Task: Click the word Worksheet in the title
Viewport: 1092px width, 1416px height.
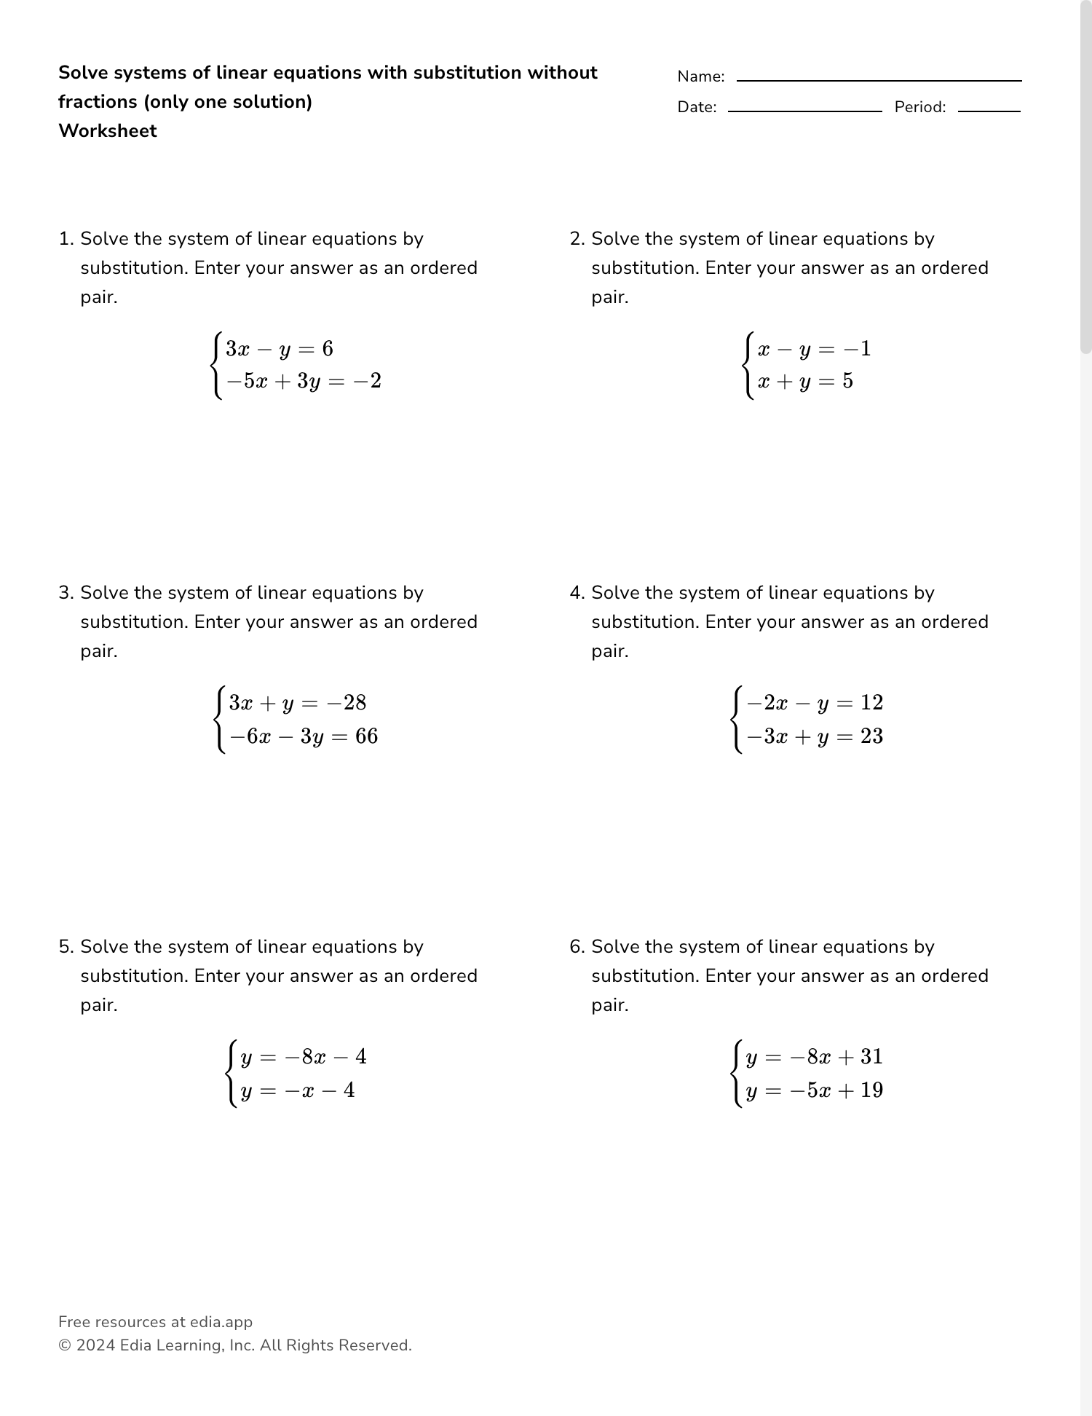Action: coord(108,131)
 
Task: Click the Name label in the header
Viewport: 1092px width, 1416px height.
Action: coord(700,76)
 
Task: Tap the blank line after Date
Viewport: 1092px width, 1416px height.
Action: coord(804,111)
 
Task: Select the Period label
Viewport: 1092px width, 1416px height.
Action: coord(919,107)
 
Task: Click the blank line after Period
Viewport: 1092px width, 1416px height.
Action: coord(989,111)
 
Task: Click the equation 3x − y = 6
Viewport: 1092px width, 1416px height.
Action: coord(280,349)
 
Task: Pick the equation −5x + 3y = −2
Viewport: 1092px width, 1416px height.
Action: coord(304,381)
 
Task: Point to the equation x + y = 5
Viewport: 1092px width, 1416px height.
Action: coord(805,381)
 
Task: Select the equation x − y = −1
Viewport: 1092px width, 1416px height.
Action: coord(814,349)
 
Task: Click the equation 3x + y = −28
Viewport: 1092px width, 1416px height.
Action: coord(298,703)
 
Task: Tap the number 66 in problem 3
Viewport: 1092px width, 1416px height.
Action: coord(367,736)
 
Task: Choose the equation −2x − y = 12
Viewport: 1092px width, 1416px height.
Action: coord(815,703)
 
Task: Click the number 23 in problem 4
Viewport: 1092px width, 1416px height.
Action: coord(871,736)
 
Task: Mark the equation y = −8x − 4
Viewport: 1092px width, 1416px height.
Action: coord(303,1057)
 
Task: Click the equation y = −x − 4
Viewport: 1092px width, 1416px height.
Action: coord(297,1090)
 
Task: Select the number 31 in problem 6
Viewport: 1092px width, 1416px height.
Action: coord(871,1057)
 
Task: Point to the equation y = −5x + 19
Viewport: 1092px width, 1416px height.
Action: coord(814,1090)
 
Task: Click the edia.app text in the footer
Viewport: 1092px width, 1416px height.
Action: coord(221,1322)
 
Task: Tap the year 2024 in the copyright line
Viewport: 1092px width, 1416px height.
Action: coord(95,1345)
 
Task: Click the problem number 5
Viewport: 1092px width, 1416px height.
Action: coord(66,947)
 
